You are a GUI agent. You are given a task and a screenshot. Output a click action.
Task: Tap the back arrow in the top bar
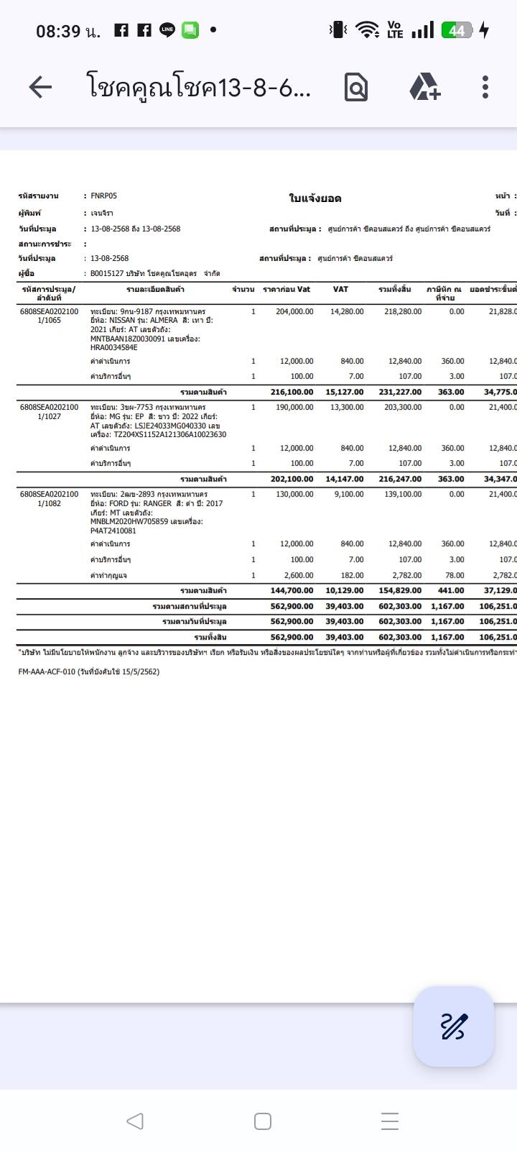click(40, 88)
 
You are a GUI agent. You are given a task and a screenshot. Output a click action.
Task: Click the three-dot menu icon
click(485, 88)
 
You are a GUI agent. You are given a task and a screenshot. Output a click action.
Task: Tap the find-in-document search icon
click(356, 88)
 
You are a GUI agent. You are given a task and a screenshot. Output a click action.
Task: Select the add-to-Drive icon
click(424, 88)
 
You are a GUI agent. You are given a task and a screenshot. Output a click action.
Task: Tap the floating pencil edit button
click(453, 1026)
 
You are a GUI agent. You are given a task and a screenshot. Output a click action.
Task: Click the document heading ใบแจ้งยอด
click(315, 198)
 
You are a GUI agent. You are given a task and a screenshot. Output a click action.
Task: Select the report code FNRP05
click(104, 196)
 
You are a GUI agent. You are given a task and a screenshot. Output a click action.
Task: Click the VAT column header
click(340, 289)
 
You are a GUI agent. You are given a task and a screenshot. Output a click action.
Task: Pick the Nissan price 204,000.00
click(294, 311)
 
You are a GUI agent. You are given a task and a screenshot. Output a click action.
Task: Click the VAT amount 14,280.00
click(347, 311)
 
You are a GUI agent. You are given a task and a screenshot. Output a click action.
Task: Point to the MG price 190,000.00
click(294, 407)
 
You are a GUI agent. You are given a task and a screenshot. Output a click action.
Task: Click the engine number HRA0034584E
click(113, 347)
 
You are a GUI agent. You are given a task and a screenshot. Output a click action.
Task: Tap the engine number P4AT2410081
click(113, 530)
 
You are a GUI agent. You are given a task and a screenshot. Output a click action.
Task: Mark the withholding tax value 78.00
click(455, 575)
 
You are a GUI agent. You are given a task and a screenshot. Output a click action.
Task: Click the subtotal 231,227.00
click(400, 392)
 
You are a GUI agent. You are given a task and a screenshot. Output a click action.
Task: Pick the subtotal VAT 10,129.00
click(345, 590)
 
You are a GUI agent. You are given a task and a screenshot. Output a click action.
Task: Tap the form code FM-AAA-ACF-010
click(47, 671)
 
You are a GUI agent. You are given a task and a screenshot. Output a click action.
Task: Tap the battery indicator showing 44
click(457, 30)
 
